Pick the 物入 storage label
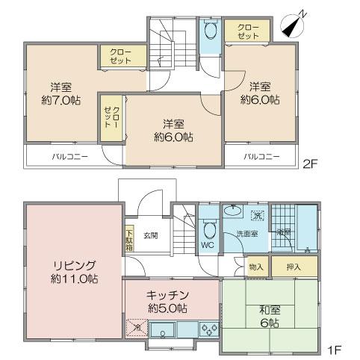tap(255, 266)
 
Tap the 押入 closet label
tap(294, 266)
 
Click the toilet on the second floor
tap(209, 32)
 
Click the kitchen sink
tap(162, 329)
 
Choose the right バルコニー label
tap(262, 157)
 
